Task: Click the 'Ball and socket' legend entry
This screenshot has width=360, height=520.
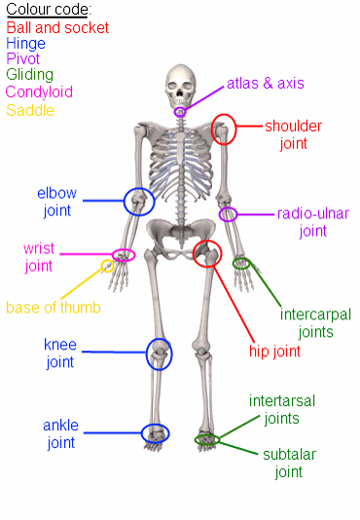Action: click(57, 28)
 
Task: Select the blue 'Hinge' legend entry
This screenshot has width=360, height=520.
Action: click(26, 44)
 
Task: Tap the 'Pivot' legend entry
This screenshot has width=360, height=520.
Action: click(23, 59)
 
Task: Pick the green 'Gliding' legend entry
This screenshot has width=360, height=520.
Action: click(30, 75)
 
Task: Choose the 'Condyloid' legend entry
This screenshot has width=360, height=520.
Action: click(39, 92)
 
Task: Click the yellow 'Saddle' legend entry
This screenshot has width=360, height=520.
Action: click(30, 110)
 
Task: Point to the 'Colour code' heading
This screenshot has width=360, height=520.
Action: click(50, 11)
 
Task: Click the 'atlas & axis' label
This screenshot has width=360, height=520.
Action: click(266, 84)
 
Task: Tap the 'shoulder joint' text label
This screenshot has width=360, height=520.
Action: click(293, 134)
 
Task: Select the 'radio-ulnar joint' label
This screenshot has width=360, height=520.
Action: click(313, 222)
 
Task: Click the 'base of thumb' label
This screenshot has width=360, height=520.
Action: click(54, 308)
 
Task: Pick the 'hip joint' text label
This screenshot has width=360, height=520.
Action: click(274, 351)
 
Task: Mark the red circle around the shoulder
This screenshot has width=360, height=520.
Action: click(224, 130)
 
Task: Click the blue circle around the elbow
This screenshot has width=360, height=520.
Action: click(139, 202)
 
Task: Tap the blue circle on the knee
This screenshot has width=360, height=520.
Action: click(159, 354)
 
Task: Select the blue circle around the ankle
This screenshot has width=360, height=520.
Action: click(155, 433)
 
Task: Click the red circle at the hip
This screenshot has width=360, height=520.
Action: click(207, 255)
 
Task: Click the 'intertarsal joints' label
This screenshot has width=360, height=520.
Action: click(282, 410)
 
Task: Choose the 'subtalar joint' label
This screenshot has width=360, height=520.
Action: click(289, 464)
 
